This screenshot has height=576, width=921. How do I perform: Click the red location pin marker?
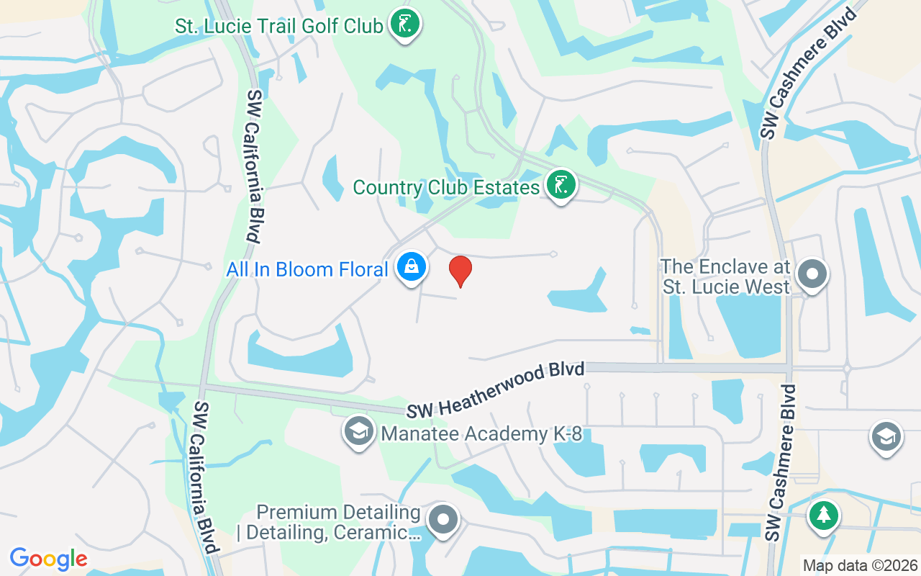tap(460, 271)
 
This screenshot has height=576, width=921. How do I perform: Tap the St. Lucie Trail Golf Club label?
tap(279, 27)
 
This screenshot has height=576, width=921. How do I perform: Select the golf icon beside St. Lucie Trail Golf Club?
tap(405, 24)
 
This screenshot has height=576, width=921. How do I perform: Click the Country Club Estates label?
tap(446, 188)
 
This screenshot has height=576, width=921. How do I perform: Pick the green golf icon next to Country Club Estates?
tap(561, 186)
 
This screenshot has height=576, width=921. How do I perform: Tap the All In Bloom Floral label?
tap(307, 270)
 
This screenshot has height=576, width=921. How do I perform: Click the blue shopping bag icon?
tap(411, 267)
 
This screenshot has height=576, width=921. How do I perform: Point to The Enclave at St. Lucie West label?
tap(725, 276)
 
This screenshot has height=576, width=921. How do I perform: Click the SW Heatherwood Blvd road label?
tap(495, 390)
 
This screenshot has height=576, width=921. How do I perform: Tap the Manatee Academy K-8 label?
tap(481, 433)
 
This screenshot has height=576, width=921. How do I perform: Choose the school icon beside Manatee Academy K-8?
tap(358, 431)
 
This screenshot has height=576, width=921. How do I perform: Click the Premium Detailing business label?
tap(338, 523)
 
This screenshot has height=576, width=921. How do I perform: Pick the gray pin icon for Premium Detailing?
tap(443, 520)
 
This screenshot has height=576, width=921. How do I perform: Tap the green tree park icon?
tap(823, 516)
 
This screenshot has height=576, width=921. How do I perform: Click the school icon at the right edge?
tap(886, 436)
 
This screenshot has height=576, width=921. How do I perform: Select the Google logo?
tap(48, 558)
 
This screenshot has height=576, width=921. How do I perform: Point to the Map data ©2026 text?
tap(861, 565)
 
